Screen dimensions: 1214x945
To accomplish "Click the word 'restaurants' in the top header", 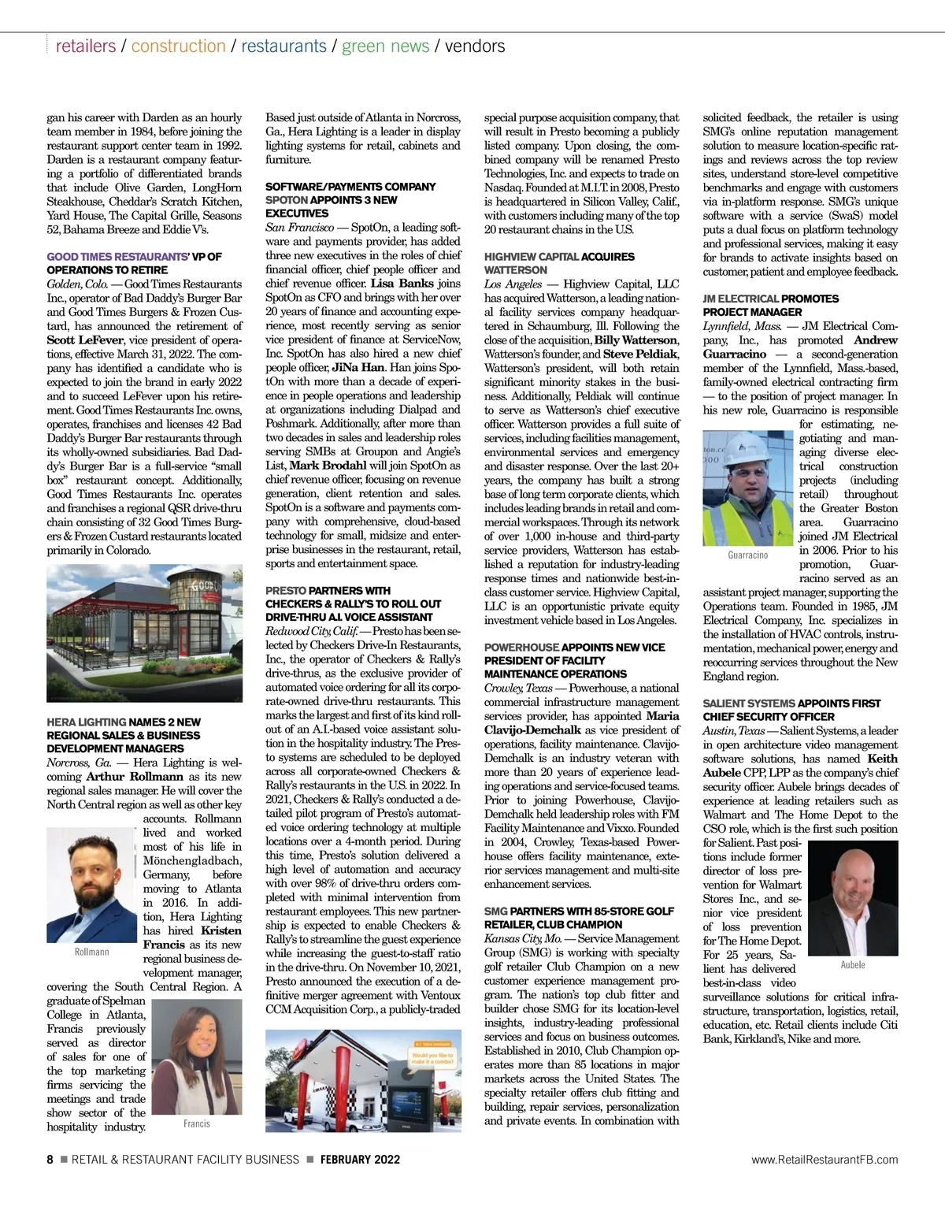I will click(x=283, y=46).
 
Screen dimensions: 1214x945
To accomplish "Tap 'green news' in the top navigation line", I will click(x=385, y=46).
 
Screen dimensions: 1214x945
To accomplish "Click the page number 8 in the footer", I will click(x=50, y=1160).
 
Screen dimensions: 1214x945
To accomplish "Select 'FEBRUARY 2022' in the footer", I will click(x=360, y=1160).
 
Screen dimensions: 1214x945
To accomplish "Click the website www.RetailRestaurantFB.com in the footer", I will click(x=824, y=1160).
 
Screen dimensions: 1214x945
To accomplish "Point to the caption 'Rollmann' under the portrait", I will click(x=91, y=952).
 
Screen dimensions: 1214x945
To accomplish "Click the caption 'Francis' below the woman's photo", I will click(x=197, y=1124).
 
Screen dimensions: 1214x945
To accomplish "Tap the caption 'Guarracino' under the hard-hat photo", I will click(x=747, y=555).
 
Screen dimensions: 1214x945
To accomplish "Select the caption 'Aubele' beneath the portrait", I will click(x=853, y=965).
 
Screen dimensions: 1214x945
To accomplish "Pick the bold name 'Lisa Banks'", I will click(x=402, y=284).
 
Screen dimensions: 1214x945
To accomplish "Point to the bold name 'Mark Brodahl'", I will click(x=328, y=466).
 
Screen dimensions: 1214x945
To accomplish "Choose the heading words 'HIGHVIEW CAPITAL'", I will click(x=531, y=257).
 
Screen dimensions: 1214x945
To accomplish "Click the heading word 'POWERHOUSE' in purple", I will click(x=521, y=648).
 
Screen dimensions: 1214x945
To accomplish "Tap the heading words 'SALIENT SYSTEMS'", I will click(x=748, y=704).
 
